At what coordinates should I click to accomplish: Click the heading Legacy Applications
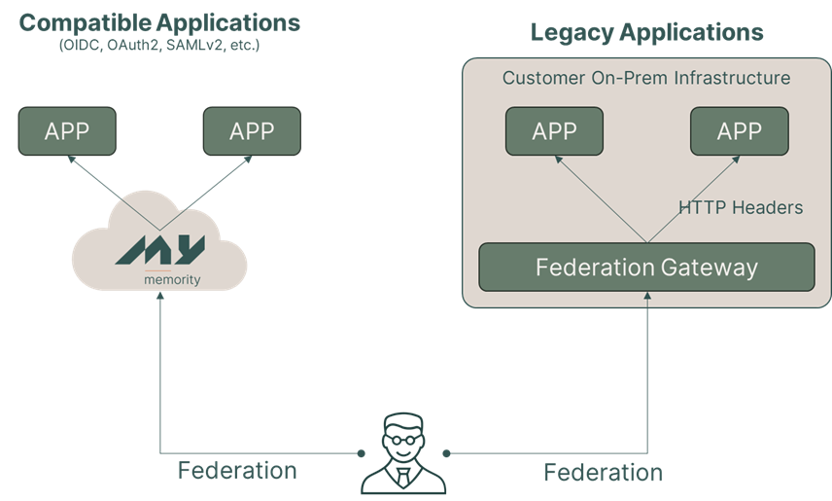646,31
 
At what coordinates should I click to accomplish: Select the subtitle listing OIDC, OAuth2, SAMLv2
159,46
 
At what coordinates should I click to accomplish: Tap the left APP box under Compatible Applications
67,131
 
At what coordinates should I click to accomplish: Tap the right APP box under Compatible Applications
252,131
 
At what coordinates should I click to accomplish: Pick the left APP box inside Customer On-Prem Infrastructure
554,131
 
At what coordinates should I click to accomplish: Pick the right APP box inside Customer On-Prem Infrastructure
739,131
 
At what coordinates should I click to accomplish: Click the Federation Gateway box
646,267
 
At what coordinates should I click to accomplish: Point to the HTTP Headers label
741,207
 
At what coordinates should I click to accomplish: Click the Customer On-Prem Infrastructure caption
646,78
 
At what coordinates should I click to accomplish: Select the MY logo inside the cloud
160,248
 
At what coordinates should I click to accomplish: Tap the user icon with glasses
402,452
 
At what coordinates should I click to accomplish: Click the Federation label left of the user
237,471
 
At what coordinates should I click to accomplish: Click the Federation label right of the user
603,473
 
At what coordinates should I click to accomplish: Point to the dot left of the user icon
361,453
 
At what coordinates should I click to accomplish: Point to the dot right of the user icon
446,453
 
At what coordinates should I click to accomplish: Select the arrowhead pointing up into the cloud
160,301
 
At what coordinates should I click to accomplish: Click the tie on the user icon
402,476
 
